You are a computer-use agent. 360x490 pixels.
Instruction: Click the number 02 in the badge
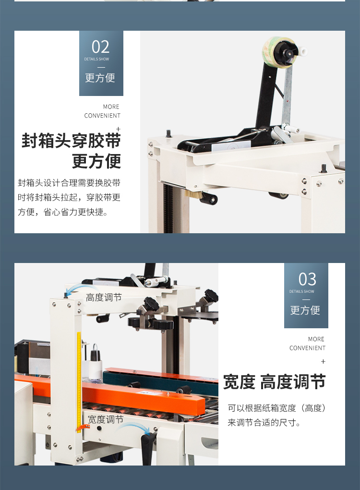point(101,47)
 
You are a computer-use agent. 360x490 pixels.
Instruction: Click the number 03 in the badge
point(307,279)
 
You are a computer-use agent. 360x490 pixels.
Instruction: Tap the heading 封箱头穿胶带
point(71,140)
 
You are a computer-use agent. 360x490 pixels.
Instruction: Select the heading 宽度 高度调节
point(274,382)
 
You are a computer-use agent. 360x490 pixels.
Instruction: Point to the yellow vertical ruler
point(79,379)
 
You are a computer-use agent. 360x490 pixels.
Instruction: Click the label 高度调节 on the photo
point(104,298)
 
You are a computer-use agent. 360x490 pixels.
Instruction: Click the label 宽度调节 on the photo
point(106,419)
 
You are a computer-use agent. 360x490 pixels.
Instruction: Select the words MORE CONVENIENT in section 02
point(102,111)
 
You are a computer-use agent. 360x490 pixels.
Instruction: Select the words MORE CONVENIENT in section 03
point(307,343)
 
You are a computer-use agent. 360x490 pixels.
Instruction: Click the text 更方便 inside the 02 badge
point(100,78)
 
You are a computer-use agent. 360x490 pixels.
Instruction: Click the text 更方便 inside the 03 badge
point(305,310)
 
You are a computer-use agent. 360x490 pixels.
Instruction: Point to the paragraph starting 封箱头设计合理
point(69,197)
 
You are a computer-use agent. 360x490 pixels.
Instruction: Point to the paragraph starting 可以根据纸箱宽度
point(277,415)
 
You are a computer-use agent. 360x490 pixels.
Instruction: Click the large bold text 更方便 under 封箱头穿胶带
point(96,161)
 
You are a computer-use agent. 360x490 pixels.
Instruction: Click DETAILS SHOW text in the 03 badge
point(302,291)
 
